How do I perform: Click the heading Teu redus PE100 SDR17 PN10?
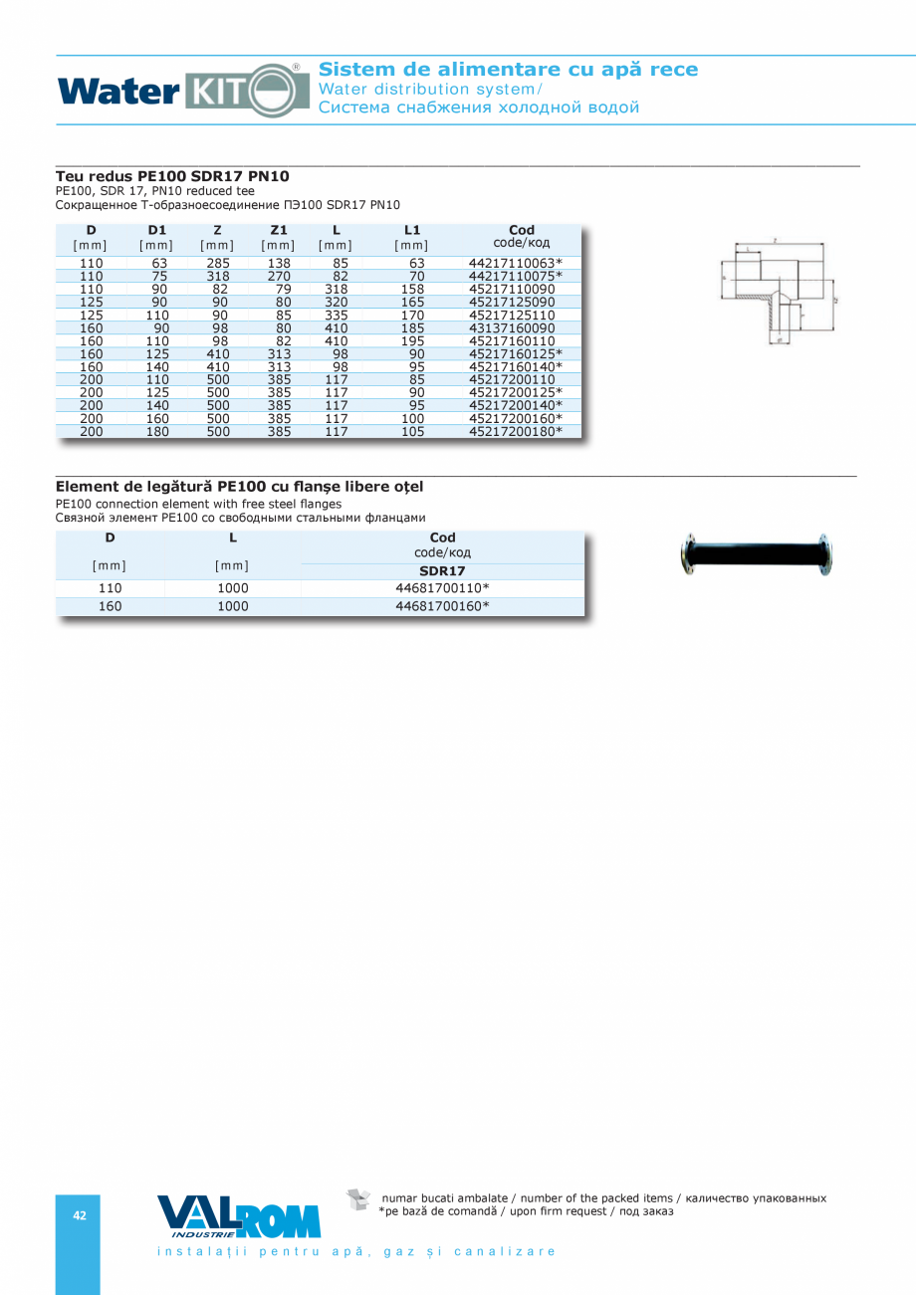(x=172, y=176)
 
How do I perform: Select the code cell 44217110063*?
(x=515, y=263)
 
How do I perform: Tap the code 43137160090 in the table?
(x=511, y=327)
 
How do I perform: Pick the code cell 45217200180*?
(x=515, y=431)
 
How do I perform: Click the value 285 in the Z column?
(x=218, y=263)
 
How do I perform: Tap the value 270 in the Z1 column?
(x=279, y=276)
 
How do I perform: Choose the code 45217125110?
(x=511, y=315)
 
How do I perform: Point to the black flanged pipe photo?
(x=757, y=554)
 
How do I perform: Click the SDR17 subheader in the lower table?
(x=442, y=570)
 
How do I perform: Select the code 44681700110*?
(x=442, y=587)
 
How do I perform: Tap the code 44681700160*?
(x=442, y=605)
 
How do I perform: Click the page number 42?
(x=79, y=1215)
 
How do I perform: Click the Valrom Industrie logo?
(x=239, y=1215)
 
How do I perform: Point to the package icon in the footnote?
(x=357, y=1199)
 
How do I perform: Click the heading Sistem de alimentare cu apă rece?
(x=509, y=70)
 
